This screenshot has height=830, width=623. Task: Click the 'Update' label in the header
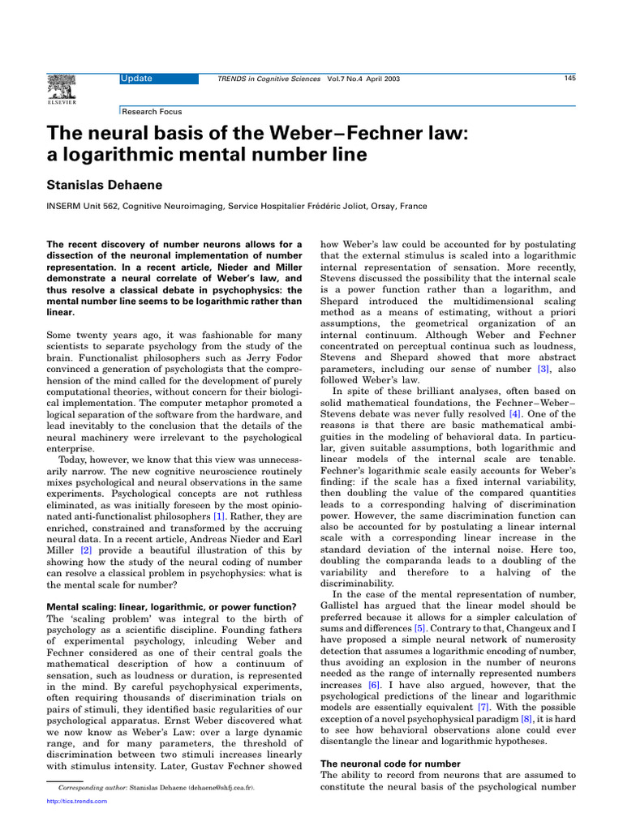point(136,79)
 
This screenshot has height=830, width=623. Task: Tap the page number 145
point(569,78)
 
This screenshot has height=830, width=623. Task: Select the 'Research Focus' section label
point(152,112)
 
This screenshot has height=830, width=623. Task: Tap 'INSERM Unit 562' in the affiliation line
point(84,207)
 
